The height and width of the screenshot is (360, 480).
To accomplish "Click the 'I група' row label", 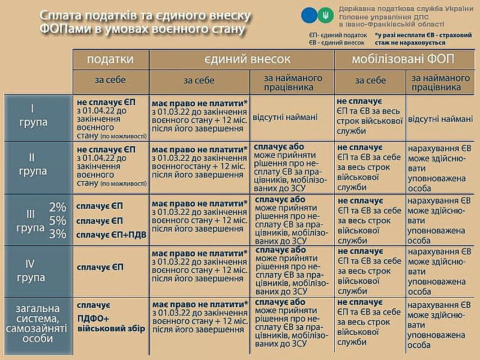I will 39,116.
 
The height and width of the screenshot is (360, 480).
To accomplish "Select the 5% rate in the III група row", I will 57,220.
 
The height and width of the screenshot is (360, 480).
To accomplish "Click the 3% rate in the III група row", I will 57,235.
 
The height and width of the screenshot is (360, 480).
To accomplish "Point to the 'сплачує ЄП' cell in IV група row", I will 100,268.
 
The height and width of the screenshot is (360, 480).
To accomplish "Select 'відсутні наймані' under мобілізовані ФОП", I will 440,119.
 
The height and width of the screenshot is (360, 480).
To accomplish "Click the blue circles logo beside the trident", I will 310,15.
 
